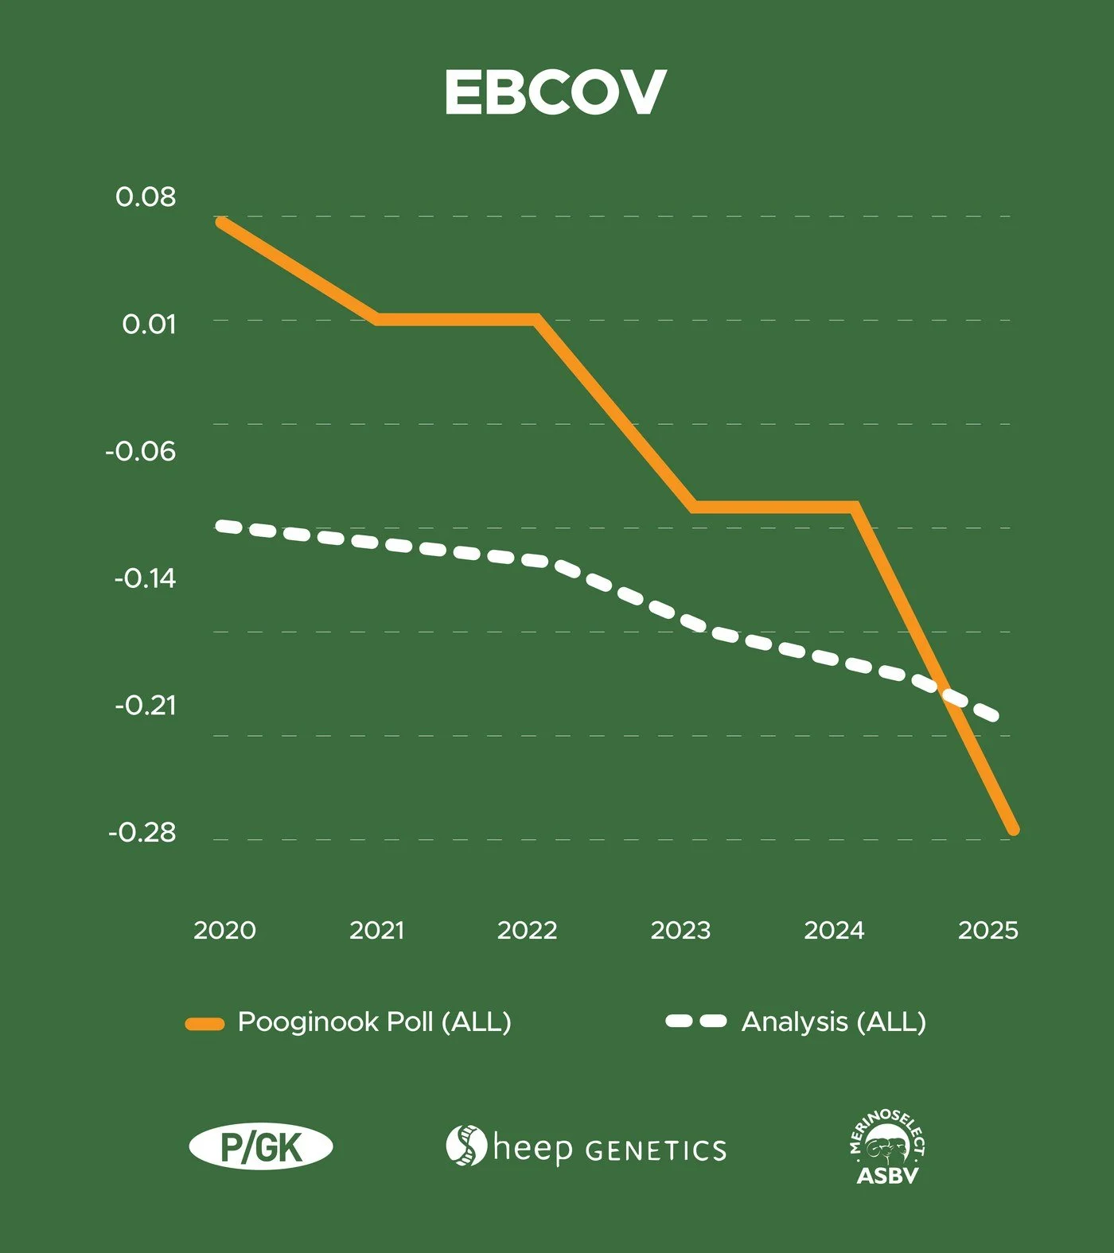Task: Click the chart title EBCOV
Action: coord(555,92)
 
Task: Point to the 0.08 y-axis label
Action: coord(146,197)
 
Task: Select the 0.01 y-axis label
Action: coord(149,324)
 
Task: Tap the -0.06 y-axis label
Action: coord(141,451)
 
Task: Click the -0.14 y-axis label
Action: coord(145,578)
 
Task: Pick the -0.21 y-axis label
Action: coord(145,705)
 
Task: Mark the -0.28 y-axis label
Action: coord(142,832)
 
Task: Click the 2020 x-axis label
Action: coord(224,930)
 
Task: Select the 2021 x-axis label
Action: coord(377,930)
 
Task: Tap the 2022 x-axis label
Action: coord(527,930)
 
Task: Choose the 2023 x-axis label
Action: coord(680,930)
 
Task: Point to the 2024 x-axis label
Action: coord(834,930)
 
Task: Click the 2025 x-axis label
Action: coord(987,930)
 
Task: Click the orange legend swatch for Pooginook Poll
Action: coord(204,1024)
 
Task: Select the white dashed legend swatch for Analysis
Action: coord(696,1021)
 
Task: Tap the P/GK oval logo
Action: coord(261,1147)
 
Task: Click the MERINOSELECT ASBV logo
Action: coord(887,1146)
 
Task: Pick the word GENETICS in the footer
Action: coord(656,1150)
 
